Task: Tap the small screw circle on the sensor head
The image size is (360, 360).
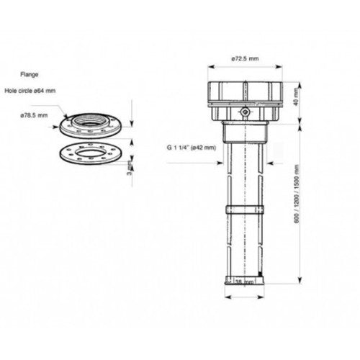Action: click(x=244, y=112)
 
